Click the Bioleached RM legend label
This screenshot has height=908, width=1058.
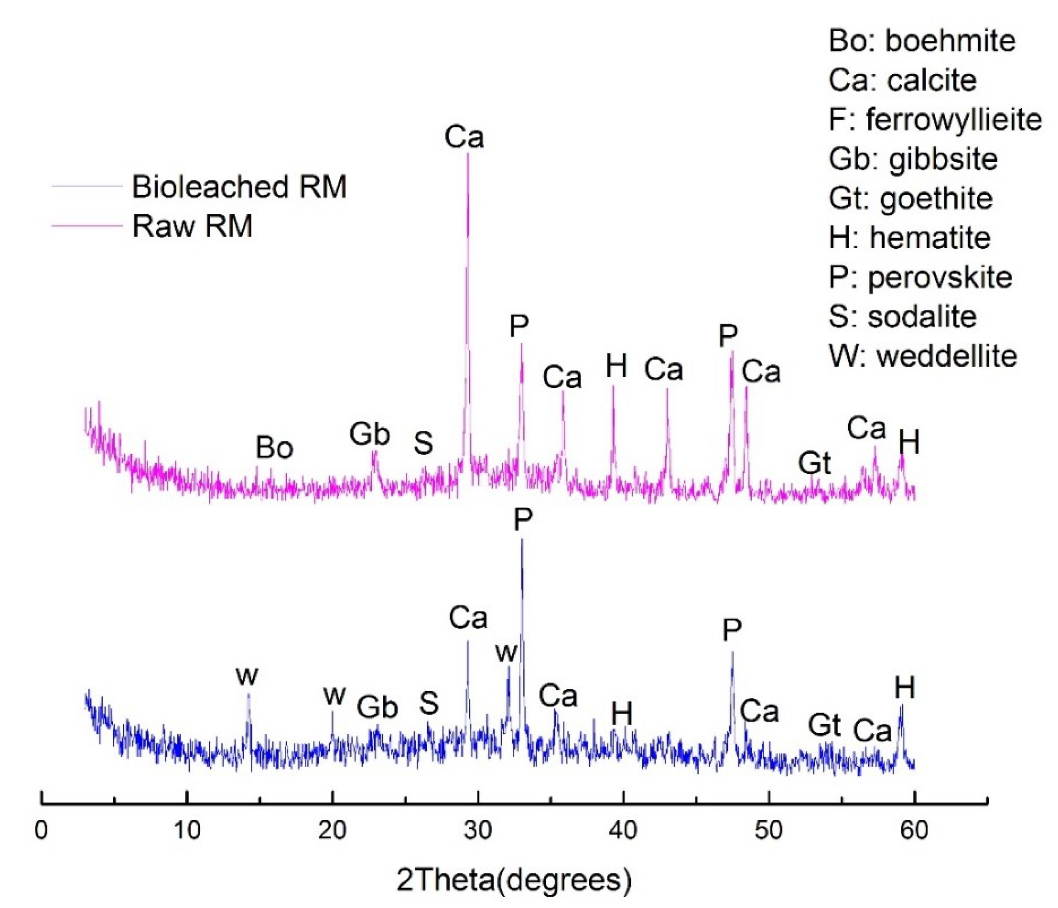pyautogui.click(x=239, y=187)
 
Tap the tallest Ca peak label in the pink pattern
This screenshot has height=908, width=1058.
pyautogui.click(x=464, y=137)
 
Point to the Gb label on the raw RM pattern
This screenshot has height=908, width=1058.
pyautogui.click(x=369, y=434)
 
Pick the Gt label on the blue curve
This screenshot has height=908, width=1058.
pyautogui.click(x=824, y=725)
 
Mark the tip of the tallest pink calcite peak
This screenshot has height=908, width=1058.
pyautogui.click(x=468, y=154)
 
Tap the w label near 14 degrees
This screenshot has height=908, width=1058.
pyautogui.click(x=247, y=676)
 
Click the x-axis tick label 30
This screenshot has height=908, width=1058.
pyautogui.click(x=477, y=831)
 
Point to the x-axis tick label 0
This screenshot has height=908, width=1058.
pyautogui.click(x=41, y=831)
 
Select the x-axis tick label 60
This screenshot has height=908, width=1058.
pyautogui.click(x=913, y=831)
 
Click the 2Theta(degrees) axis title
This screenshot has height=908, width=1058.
pyautogui.click(x=514, y=880)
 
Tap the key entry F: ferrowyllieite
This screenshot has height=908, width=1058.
pyautogui.click(x=935, y=119)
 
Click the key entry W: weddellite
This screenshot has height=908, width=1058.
pyautogui.click(x=922, y=356)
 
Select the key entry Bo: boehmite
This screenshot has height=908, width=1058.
pyautogui.click(x=922, y=41)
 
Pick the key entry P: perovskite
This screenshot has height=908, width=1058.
pyautogui.click(x=920, y=277)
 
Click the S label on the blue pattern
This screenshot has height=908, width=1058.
pyautogui.click(x=429, y=703)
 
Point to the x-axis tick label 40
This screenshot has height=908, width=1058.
pyautogui.click(x=623, y=831)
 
